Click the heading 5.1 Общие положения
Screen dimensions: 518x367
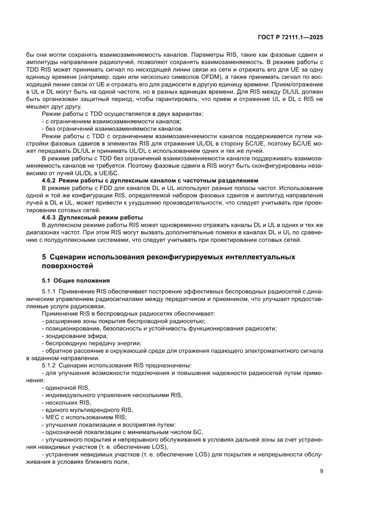coord(76,280)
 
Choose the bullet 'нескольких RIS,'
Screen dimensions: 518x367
coord(66,402)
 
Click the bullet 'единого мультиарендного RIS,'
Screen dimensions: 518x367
coord(87,410)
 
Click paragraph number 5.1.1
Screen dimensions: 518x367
coord(49,291)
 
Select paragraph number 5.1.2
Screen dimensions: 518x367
coord(49,365)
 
